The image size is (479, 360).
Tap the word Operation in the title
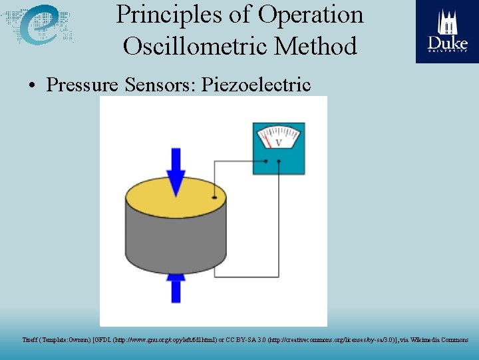[x=311, y=15]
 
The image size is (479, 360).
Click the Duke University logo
[x=446, y=31]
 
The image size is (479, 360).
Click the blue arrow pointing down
[x=176, y=171]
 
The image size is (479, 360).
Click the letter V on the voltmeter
[x=279, y=142]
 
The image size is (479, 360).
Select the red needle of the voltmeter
[x=267, y=140]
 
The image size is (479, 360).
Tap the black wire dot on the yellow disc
[x=214, y=197]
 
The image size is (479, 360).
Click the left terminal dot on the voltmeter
[x=266, y=161]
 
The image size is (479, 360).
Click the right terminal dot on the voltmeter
[x=278, y=161]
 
